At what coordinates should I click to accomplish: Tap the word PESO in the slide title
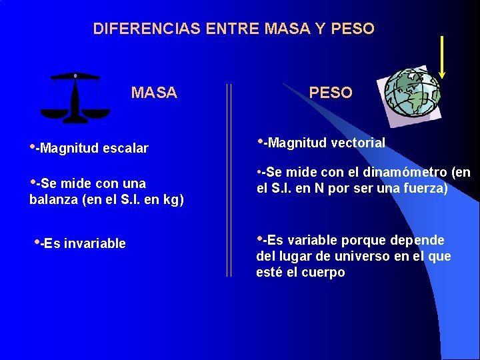pyautogui.click(x=353, y=29)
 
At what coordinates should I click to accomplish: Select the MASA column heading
pyautogui.click(x=154, y=93)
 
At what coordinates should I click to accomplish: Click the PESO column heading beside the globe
pyautogui.click(x=331, y=93)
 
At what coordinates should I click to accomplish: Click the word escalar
pyautogui.click(x=125, y=148)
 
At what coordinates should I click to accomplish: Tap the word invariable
pyautogui.click(x=96, y=243)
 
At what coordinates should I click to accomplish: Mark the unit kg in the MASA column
pyautogui.click(x=171, y=199)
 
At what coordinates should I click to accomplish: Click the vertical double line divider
pyautogui.click(x=230, y=180)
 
